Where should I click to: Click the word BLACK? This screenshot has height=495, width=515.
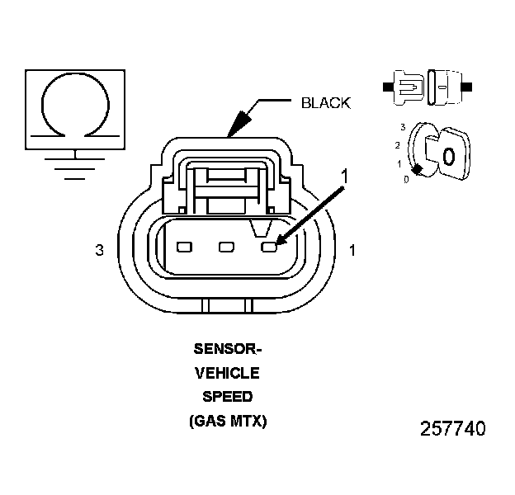coord(325,103)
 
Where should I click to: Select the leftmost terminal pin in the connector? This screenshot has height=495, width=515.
coord(184,247)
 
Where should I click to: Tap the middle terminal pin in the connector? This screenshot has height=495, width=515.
coord(224,247)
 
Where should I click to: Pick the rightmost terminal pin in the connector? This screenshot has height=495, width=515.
coord(268,246)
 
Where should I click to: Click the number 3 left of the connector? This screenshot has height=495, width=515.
coord(100,250)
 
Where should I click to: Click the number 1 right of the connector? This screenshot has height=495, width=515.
coord(352,250)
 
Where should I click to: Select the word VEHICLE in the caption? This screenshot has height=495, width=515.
coord(226,374)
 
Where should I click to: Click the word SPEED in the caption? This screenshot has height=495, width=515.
coord(226,397)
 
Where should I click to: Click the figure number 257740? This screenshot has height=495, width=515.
coord(452,429)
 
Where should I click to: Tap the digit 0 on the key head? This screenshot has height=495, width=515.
coord(448,155)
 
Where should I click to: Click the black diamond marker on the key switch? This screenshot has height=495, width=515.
coord(418,169)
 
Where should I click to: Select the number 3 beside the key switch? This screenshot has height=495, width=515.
coord(402,127)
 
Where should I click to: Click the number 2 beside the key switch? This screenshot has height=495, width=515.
coord(398,145)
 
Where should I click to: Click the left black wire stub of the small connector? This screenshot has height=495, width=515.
coord(387,85)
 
